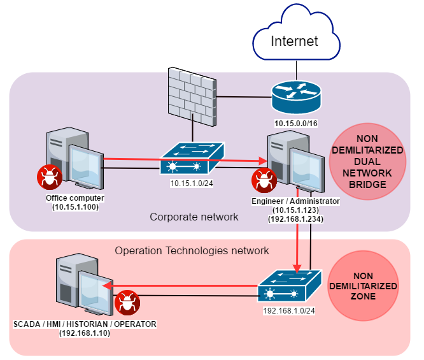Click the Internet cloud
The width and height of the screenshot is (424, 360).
pyautogui.click(x=293, y=40)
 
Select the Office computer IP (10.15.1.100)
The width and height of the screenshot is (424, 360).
pyautogui.click(x=74, y=206)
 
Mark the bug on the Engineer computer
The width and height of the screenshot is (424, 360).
pyautogui.click(x=262, y=181)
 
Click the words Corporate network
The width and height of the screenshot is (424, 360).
pyautogui.click(x=194, y=217)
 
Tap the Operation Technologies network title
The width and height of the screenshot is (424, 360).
pyautogui.click(x=192, y=251)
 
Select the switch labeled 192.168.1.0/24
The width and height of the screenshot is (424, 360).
pyautogui.click(x=290, y=284)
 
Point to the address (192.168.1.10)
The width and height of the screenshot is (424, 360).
pyautogui.click(x=85, y=333)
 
